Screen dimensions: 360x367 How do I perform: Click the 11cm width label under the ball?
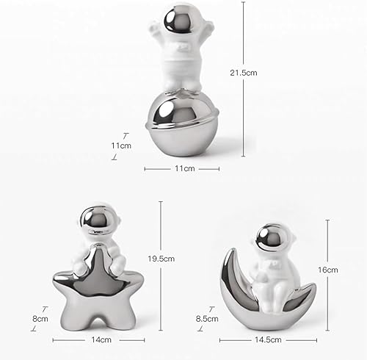tap(183, 168)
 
